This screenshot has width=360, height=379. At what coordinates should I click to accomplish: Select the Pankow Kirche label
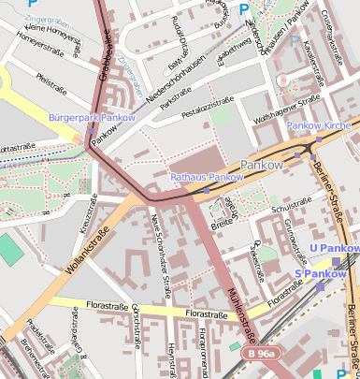(x=318, y=124)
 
